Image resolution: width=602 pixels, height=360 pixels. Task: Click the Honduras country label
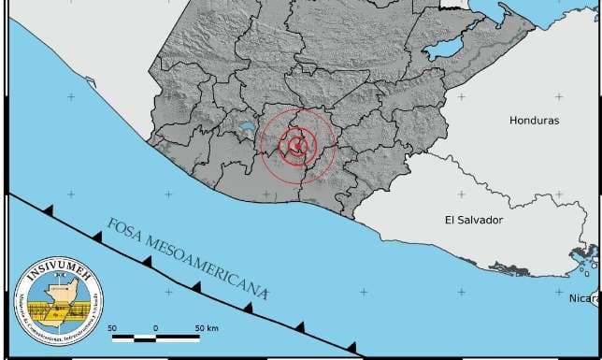tap(534, 121)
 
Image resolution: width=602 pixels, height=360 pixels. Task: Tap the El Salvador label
tap(473, 220)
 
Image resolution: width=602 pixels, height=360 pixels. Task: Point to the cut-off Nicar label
tap(584, 298)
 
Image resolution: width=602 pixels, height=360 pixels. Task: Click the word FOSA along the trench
tap(125, 233)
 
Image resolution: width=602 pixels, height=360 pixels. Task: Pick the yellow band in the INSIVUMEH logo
tap(58, 310)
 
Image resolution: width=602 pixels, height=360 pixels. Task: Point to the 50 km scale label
tap(206, 327)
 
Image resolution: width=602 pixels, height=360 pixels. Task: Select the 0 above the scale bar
tap(155, 327)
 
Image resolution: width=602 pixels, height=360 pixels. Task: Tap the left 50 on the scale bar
tap(111, 327)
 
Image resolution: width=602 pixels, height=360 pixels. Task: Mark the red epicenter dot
tap(296, 145)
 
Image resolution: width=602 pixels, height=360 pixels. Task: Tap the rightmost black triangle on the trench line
tap(351, 348)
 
